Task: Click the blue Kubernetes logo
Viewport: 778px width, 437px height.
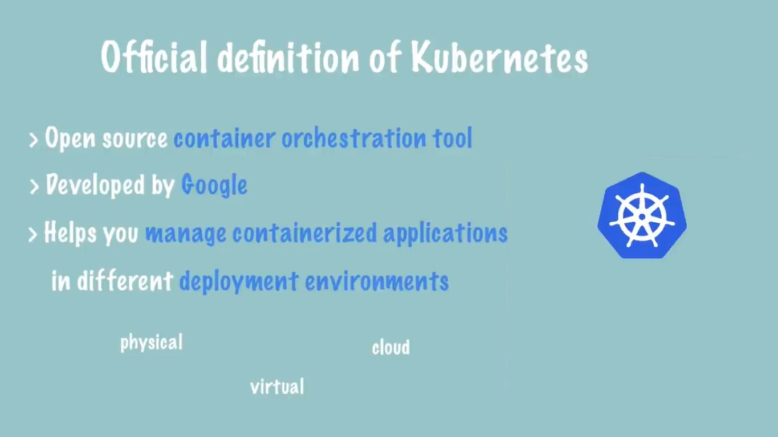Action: point(642,215)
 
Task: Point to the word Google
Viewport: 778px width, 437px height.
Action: point(214,185)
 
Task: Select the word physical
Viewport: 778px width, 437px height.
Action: point(152,343)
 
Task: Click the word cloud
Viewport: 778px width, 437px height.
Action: point(390,347)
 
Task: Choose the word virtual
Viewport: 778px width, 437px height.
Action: point(277,387)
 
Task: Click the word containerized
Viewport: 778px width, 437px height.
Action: point(304,233)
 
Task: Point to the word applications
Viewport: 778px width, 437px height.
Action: point(445,234)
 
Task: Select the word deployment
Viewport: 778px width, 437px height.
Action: point(239,281)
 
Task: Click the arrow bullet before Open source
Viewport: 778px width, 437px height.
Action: point(34,140)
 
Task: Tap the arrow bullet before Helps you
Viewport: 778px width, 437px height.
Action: point(33,234)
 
